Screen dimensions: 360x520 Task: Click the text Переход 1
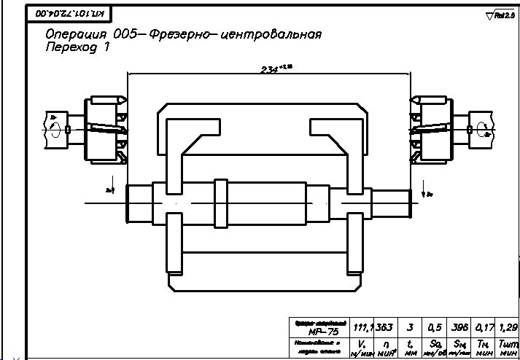pyautogui.click(x=77, y=47)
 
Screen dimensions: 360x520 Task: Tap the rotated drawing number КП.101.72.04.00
pyautogui.click(x=64, y=13)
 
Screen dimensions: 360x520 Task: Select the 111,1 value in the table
pyautogui.click(x=362, y=327)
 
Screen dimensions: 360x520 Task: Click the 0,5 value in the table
pyautogui.click(x=435, y=327)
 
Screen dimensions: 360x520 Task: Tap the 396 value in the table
pyautogui.click(x=460, y=327)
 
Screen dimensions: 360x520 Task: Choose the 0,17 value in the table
pyautogui.click(x=484, y=327)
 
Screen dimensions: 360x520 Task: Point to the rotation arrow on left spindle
pyautogui.click(x=54, y=129)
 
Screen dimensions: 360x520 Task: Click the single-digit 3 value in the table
pyautogui.click(x=411, y=327)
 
